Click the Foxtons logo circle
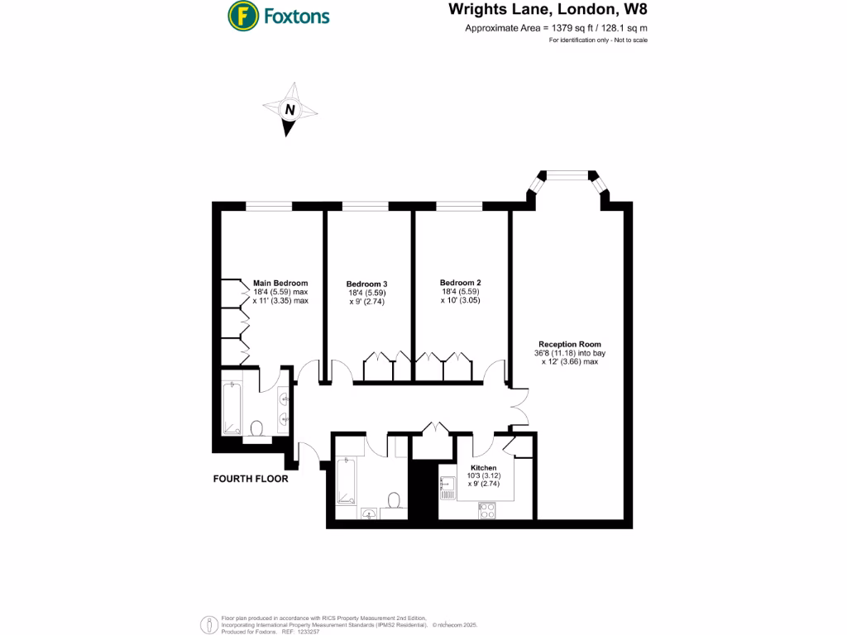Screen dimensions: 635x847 pos(242,15)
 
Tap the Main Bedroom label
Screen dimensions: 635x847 pos(280,283)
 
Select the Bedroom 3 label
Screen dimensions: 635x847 pos(366,284)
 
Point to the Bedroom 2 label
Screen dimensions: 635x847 pos(461,283)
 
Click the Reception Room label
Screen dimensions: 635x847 pos(569,344)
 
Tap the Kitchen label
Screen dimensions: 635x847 pos(483,468)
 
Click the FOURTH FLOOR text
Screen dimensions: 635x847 pos(251,479)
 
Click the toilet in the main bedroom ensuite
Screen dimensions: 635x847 pos(257,428)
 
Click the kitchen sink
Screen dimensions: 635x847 pos(448,489)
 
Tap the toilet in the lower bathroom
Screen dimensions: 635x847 pos(395,500)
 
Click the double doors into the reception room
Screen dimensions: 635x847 pos(519,408)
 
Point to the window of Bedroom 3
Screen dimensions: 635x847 pos(365,205)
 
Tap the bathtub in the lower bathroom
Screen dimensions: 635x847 pos(347,482)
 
